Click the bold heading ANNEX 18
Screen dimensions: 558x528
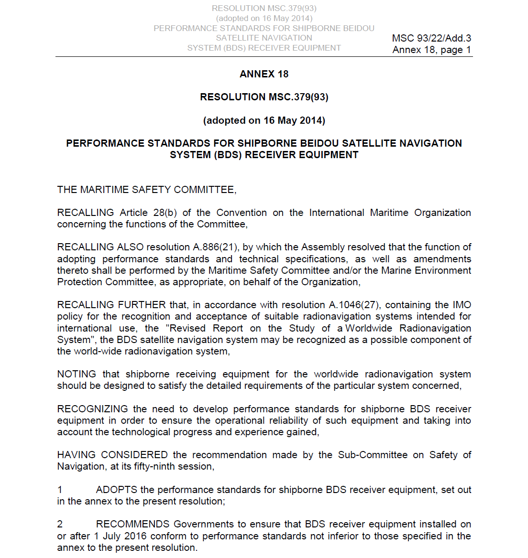click(x=264, y=74)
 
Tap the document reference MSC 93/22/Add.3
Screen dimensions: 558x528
click(x=431, y=38)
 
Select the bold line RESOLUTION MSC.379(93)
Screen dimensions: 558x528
click(x=264, y=97)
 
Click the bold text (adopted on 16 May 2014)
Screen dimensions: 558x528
click(x=264, y=120)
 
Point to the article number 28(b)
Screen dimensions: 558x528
click(x=165, y=213)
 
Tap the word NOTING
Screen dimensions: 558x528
click(x=77, y=374)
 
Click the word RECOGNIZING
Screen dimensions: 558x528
click(x=92, y=409)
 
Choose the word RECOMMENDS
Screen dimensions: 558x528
click(x=132, y=524)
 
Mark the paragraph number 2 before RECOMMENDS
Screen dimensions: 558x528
click(x=60, y=524)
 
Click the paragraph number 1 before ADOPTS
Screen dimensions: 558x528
click(x=60, y=490)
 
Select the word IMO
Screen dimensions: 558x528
click(x=462, y=305)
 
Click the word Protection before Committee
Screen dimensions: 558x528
click(x=79, y=282)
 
